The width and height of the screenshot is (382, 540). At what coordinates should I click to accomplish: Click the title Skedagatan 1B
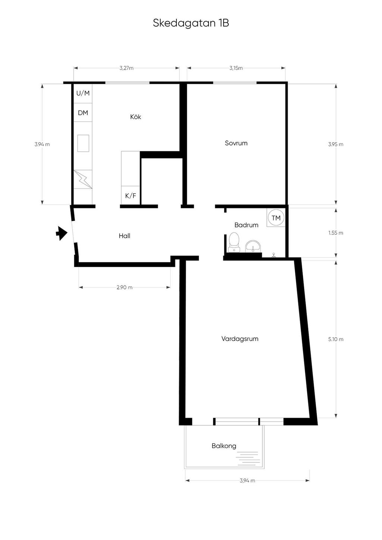[191, 23]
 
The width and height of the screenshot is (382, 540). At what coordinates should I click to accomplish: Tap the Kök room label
[135, 117]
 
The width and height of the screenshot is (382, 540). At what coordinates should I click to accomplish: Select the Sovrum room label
[236, 143]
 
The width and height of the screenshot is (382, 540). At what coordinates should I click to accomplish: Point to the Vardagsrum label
[240, 339]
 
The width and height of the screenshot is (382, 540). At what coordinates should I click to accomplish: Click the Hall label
[125, 236]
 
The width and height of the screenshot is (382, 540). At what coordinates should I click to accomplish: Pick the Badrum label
[246, 225]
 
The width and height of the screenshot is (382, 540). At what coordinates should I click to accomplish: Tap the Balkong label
[224, 446]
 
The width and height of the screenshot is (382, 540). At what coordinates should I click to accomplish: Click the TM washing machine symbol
[276, 218]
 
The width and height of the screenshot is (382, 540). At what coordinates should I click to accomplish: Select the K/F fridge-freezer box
[131, 195]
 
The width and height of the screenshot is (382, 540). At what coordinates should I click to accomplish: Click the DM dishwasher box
[83, 113]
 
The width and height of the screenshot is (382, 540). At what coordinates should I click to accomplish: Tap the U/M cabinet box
[83, 93]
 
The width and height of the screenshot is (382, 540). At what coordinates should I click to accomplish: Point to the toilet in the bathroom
[234, 242]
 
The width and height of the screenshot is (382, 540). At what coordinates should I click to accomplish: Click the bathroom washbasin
[253, 246]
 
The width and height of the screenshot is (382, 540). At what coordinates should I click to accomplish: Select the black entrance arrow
[62, 233]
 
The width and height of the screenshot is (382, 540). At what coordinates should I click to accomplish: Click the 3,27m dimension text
[126, 68]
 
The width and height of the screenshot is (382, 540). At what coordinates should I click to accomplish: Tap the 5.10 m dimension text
[336, 339]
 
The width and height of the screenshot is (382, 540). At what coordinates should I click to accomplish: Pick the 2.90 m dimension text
[125, 287]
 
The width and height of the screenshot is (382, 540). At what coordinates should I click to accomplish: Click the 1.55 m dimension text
[336, 233]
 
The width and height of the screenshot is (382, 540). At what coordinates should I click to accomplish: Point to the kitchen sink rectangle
[83, 143]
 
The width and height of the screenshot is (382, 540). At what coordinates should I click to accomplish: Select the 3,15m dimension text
[236, 68]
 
